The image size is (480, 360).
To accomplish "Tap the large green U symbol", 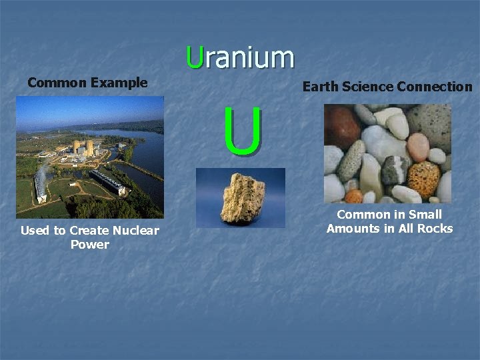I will click(x=243, y=133).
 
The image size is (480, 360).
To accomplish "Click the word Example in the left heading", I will click(x=119, y=83).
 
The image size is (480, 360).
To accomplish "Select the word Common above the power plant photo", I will click(x=57, y=83).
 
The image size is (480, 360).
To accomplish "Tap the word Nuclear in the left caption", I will click(x=136, y=231).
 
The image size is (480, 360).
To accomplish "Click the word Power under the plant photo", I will click(x=89, y=245).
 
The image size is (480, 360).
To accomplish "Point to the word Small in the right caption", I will click(x=425, y=215).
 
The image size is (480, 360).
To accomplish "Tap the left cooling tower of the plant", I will click(x=77, y=147).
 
